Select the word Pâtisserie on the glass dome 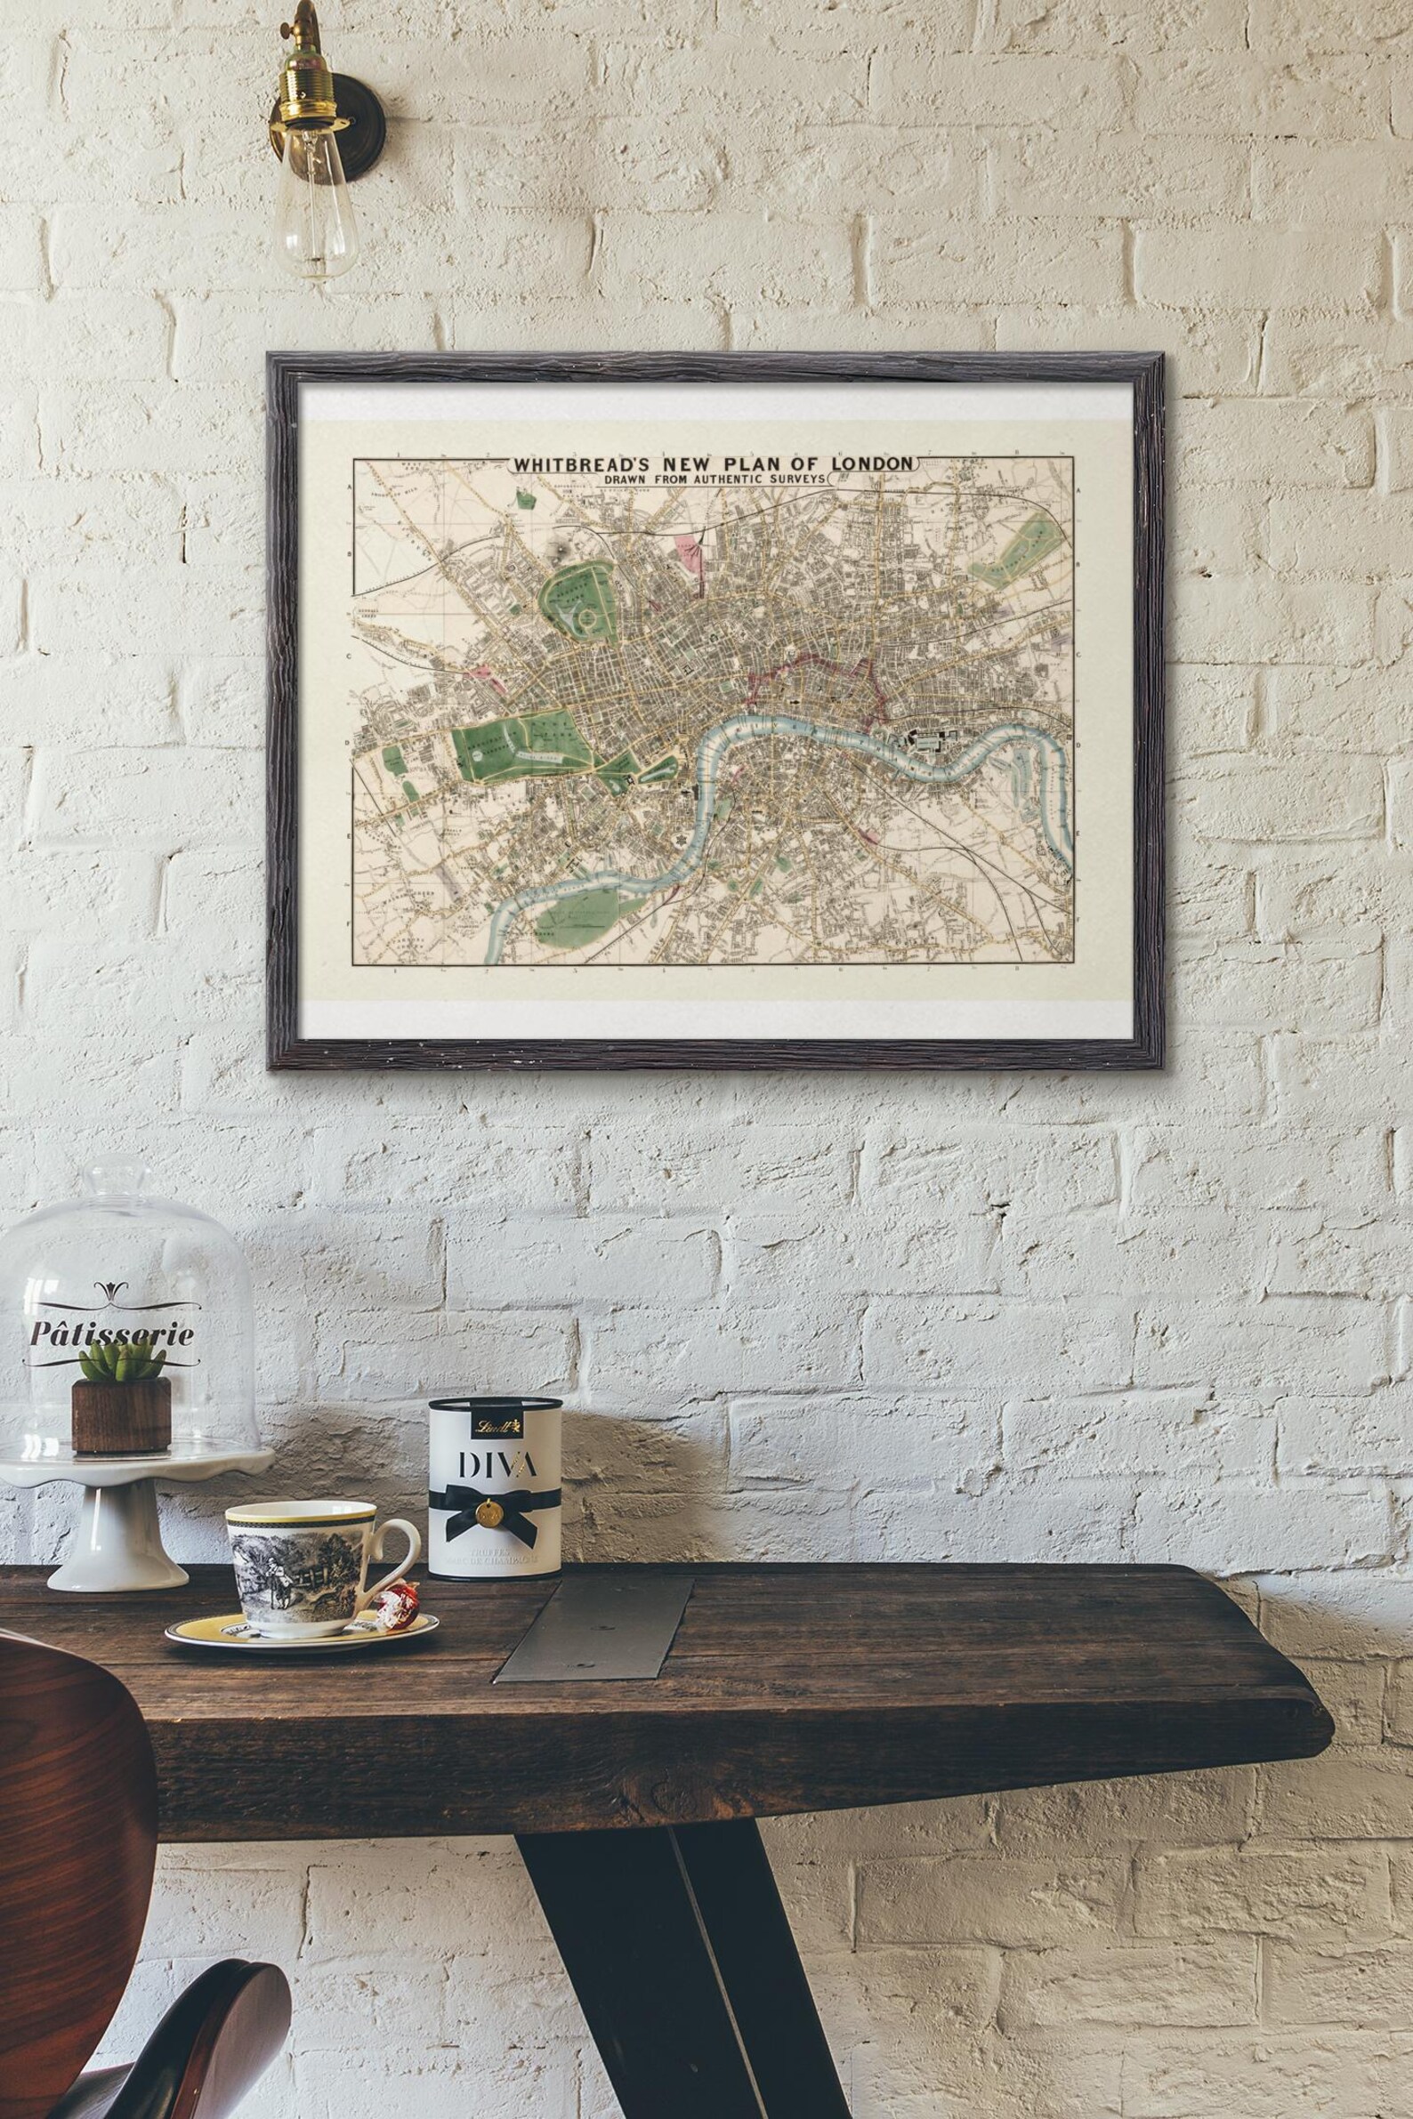(112, 1333)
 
